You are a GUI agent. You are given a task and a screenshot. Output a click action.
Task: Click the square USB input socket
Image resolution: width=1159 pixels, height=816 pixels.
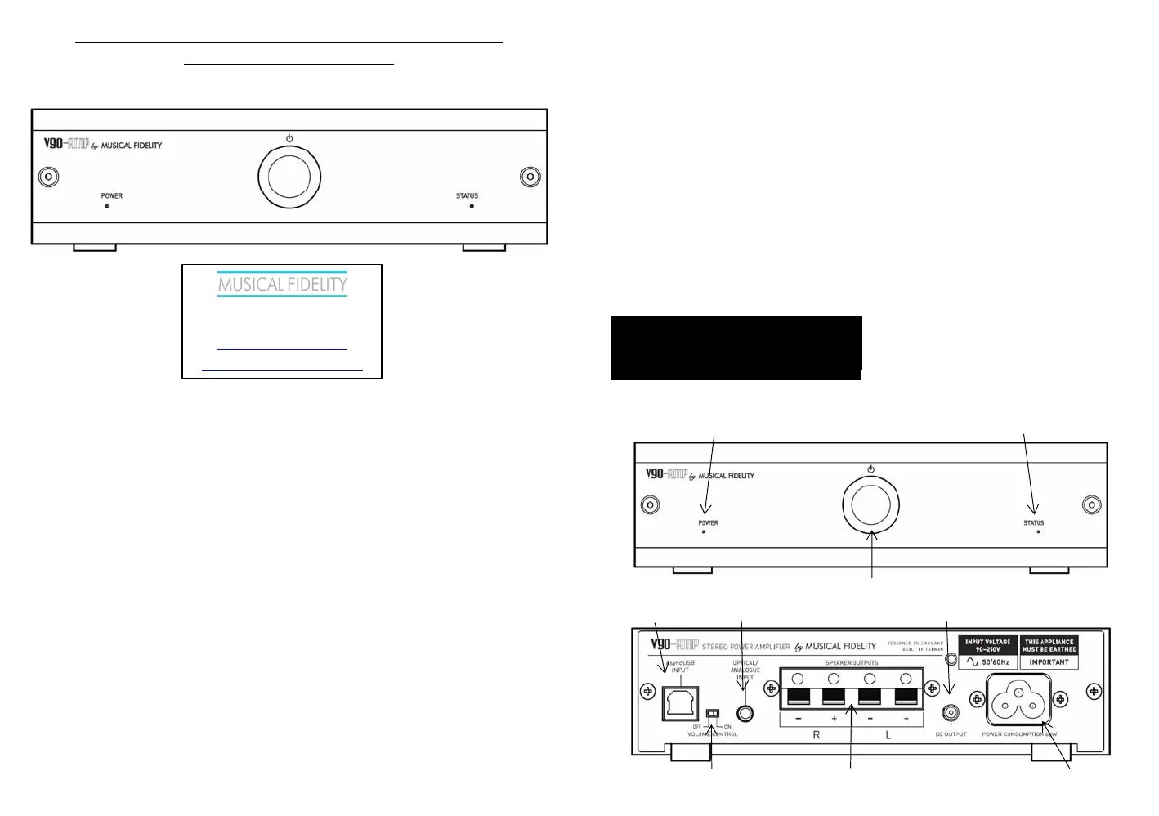click(x=681, y=702)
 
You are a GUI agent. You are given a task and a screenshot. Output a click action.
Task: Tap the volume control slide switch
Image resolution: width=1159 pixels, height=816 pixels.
click(x=712, y=713)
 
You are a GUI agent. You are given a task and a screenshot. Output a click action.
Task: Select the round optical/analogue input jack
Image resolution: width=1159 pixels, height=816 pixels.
click(x=745, y=713)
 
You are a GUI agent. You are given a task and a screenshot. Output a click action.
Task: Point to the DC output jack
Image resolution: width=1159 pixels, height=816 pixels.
click(x=951, y=713)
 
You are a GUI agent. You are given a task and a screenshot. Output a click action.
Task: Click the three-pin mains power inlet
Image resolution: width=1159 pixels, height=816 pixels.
click(x=1018, y=700)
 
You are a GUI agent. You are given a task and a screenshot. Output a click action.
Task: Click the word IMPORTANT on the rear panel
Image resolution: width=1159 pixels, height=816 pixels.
click(x=1049, y=662)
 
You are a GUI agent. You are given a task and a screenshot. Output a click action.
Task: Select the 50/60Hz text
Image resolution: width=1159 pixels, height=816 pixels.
click(x=995, y=662)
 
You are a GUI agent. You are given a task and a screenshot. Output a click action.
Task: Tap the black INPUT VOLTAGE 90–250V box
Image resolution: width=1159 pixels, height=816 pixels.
click(x=987, y=645)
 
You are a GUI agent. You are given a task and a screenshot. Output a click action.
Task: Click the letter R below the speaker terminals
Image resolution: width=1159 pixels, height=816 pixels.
click(x=816, y=735)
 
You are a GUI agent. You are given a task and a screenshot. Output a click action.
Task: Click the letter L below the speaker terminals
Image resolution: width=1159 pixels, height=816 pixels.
click(x=888, y=735)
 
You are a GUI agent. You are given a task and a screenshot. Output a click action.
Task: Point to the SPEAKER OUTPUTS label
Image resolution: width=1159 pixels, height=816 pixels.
click(x=852, y=663)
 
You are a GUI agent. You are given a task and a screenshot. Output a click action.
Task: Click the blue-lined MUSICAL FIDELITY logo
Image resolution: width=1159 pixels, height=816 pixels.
click(x=282, y=285)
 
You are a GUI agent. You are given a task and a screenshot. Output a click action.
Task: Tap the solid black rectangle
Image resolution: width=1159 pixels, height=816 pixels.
click(x=736, y=347)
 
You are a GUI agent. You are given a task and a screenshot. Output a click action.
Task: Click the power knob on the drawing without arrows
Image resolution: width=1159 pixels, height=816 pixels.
click(x=289, y=177)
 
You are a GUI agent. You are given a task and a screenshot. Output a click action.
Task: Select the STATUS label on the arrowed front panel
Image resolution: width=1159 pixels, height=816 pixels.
click(x=1033, y=523)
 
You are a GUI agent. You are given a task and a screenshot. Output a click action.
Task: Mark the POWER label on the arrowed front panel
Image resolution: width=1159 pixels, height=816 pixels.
click(x=708, y=523)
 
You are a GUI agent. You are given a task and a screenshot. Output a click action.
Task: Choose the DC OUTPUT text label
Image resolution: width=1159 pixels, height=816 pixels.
click(x=951, y=734)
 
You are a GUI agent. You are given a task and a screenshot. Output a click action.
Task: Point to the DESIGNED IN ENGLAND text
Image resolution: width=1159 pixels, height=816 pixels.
click(x=915, y=643)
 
